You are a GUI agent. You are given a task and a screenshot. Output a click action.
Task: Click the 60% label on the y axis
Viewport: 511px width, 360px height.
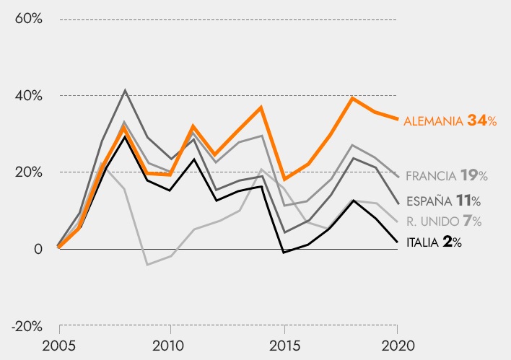click(27, 18)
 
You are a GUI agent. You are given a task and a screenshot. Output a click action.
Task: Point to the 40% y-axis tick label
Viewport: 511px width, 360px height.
click(27, 95)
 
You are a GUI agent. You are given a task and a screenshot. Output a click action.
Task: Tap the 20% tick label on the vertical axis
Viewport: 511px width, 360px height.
click(27, 172)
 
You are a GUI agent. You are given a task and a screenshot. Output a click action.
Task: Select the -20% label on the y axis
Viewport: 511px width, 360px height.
click(26, 326)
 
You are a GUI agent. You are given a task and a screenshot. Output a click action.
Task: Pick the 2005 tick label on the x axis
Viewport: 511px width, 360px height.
click(59, 343)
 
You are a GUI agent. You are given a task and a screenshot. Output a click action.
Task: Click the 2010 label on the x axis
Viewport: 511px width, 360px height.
click(170, 343)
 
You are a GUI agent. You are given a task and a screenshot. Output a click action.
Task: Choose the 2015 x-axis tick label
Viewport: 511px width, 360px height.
click(284, 343)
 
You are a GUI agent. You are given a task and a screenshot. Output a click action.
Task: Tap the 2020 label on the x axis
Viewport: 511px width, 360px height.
click(398, 343)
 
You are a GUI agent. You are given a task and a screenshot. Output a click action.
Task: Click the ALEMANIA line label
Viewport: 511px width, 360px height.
click(433, 121)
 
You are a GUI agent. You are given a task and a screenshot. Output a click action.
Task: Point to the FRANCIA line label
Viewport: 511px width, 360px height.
click(431, 175)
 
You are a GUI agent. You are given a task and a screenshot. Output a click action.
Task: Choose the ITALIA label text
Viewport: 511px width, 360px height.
click(422, 243)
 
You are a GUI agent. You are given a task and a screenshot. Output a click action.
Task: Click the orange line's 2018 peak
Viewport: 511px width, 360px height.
click(352, 98)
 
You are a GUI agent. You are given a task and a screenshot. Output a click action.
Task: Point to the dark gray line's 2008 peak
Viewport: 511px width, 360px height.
click(125, 90)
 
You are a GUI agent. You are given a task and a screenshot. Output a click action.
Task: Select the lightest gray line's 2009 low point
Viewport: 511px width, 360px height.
click(147, 265)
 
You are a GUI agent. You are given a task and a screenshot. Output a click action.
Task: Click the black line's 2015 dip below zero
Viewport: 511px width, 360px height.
click(284, 253)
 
